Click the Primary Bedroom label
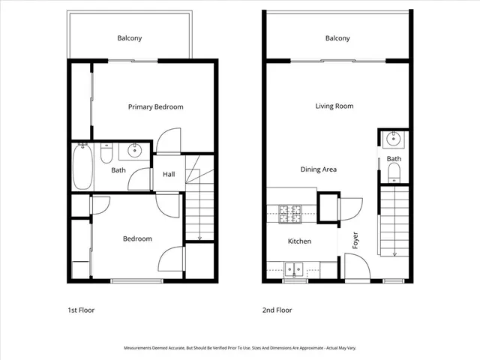(155, 107)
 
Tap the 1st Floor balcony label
(129, 38)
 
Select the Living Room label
(334, 106)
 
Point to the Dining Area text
(318, 169)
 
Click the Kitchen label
(300, 241)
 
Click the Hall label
(169, 175)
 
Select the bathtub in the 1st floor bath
(82, 168)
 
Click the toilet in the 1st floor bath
(106, 154)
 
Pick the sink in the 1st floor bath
(133, 150)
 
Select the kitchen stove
(290, 214)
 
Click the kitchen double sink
(294, 268)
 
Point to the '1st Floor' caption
(80, 310)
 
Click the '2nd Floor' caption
(277, 310)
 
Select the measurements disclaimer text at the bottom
(240, 348)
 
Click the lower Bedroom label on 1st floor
(137, 239)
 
